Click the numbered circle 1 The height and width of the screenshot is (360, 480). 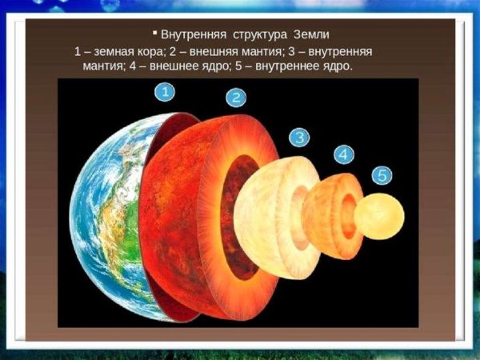tap(165, 93)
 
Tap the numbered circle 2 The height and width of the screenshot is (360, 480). tap(235, 98)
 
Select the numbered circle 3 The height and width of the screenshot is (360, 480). tap(298, 137)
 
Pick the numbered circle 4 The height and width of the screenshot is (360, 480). tap(343, 154)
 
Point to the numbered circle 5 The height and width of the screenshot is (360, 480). tap(382, 174)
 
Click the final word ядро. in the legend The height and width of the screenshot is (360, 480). tap(336, 66)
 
